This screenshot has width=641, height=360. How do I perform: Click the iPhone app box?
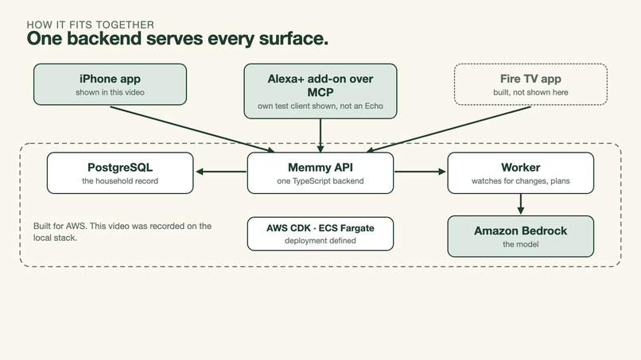click(x=110, y=84)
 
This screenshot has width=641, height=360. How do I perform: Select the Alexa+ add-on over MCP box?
click(x=320, y=91)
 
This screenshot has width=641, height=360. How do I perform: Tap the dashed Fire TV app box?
click(x=530, y=84)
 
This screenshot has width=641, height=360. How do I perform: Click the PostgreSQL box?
click(x=120, y=173)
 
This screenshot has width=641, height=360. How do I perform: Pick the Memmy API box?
click(x=320, y=173)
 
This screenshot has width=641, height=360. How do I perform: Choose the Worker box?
click(x=521, y=173)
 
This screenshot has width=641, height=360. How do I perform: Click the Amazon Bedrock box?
click(x=521, y=237)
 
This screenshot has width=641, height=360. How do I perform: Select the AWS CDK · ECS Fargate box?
click(x=320, y=234)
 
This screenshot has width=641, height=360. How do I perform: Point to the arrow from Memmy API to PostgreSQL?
click(x=221, y=172)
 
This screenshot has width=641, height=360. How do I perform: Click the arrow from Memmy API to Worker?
click(x=420, y=172)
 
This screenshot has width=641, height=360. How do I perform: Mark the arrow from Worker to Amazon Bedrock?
click(x=520, y=204)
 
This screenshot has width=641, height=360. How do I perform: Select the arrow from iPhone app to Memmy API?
click(x=192, y=129)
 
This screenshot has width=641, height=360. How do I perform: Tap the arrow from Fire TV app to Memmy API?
click(x=449, y=129)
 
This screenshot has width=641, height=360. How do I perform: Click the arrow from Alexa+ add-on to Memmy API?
click(x=320, y=136)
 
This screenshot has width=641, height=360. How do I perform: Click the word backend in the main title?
click(x=104, y=38)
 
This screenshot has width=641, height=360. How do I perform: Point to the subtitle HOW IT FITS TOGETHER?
click(x=91, y=25)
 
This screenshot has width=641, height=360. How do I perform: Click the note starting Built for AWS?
click(x=122, y=232)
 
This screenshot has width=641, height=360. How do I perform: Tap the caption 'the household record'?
click(x=120, y=181)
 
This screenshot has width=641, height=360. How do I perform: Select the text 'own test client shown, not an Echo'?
click(x=320, y=106)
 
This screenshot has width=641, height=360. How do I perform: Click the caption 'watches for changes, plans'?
click(x=521, y=181)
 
